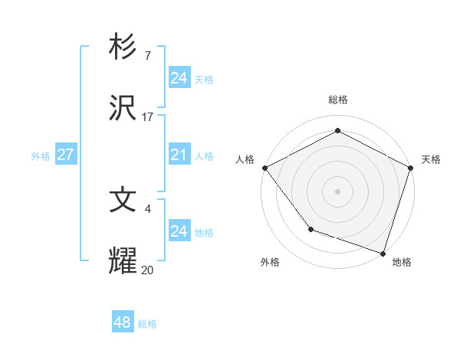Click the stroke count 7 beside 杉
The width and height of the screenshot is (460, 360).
147,56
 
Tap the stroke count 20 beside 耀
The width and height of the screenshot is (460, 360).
147,270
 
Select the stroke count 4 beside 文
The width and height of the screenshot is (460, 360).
147,208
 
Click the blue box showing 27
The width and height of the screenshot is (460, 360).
65,155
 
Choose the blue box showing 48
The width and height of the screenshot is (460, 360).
123,322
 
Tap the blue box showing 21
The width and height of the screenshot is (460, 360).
179,155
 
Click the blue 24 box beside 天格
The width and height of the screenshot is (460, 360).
179,78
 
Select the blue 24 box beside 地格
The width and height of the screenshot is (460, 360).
179,231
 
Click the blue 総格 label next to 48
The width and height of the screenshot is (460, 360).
147,324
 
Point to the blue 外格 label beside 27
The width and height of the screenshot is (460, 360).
41,155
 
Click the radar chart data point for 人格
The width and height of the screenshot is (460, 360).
264,168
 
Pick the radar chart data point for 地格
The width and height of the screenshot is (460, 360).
383,252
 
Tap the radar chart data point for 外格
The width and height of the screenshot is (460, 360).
310,228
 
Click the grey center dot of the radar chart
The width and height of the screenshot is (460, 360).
337,191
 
